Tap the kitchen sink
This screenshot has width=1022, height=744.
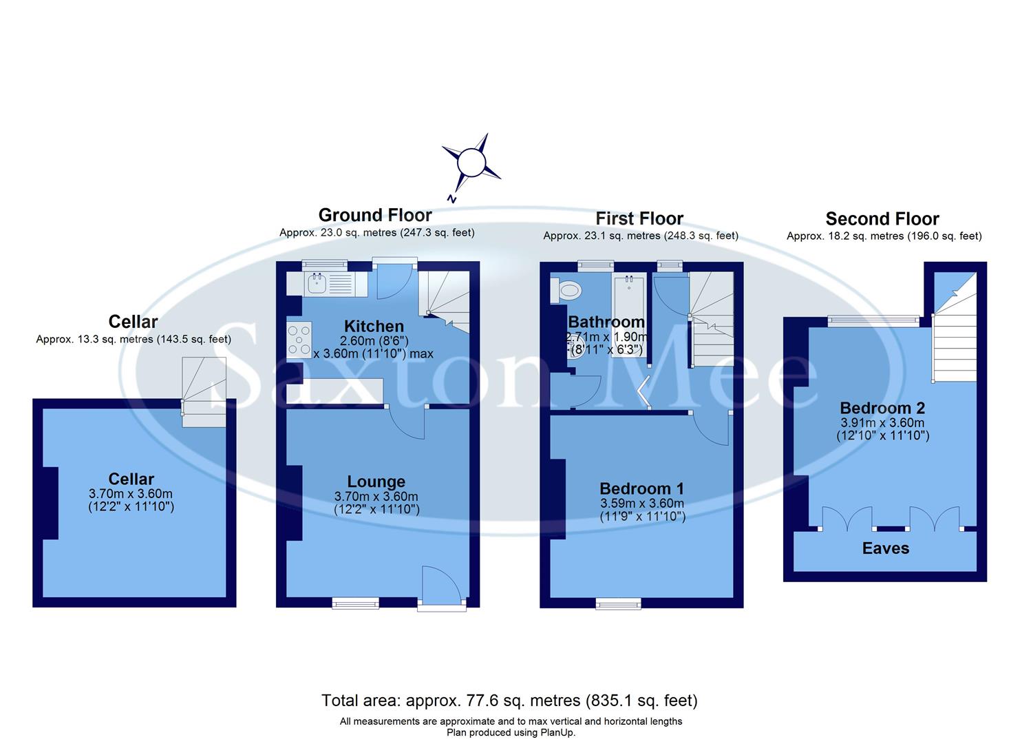317,282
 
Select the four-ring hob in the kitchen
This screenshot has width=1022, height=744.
299,340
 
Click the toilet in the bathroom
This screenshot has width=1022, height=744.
567,291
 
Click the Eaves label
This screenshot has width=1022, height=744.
886,548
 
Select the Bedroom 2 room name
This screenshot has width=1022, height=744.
882,408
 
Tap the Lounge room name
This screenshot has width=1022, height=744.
376,482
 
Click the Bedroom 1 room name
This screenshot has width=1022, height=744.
641,488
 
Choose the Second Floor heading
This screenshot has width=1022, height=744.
882,219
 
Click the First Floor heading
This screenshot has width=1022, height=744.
639,219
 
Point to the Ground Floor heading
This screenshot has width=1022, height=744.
375,215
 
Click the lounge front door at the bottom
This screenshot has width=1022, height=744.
441,589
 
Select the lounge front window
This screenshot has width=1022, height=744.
355,603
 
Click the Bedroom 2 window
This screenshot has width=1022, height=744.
873,319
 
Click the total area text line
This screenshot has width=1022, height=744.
509,701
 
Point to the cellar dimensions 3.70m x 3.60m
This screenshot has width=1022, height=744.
131,494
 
